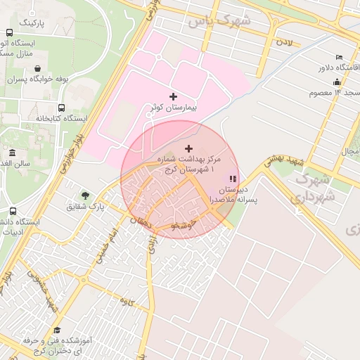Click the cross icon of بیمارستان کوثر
coord(174,96)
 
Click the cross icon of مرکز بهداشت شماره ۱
coord(188,148)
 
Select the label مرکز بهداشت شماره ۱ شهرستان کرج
coord(188,165)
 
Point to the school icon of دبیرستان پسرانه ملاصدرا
coord(233,179)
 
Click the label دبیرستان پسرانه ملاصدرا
coord(238,195)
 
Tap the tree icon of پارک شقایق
coord(86,195)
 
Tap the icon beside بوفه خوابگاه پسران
coord(36,69)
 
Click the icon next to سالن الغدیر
coord(13,153)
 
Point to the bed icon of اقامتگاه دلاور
coord(340,56)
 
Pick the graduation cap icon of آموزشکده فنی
coord(57,330)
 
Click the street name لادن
coord(284,43)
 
